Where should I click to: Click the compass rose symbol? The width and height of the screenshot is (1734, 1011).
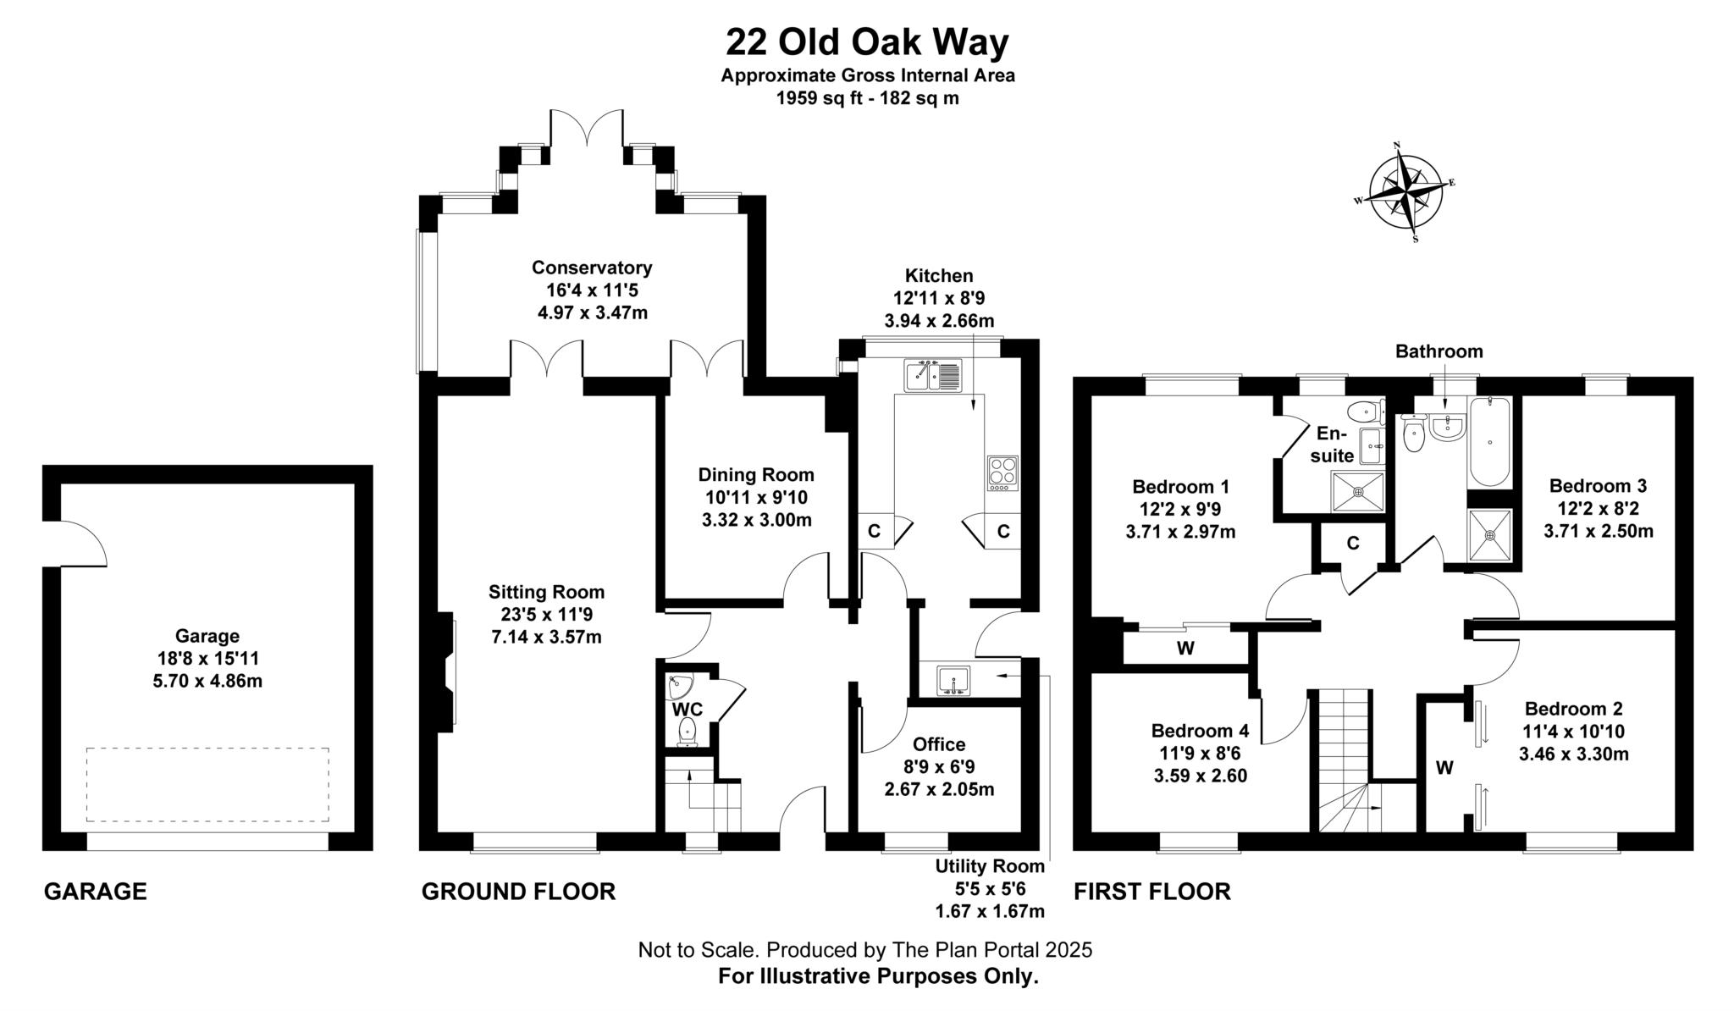pyautogui.click(x=1406, y=193)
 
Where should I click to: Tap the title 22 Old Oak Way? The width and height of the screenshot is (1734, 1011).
pyautogui.click(x=867, y=41)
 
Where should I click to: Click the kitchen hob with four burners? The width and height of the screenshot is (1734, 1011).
pyautogui.click(x=1002, y=473)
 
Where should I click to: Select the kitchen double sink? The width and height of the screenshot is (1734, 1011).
pyautogui.click(x=933, y=375)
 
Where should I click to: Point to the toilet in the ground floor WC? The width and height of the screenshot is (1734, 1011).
pyautogui.click(x=687, y=731)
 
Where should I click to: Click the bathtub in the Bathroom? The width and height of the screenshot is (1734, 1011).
pyautogui.click(x=1490, y=442)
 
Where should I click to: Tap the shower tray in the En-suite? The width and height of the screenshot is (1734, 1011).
pyautogui.click(x=1358, y=492)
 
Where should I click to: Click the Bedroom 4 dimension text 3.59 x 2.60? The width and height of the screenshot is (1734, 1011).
pyautogui.click(x=1200, y=776)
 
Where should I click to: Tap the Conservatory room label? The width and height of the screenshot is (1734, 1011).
pyautogui.click(x=592, y=268)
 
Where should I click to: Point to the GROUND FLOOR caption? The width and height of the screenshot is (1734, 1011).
pyautogui.click(x=518, y=892)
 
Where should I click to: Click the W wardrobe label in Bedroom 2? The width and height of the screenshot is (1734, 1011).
pyautogui.click(x=1444, y=768)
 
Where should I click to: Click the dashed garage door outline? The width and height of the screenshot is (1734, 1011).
pyautogui.click(x=207, y=784)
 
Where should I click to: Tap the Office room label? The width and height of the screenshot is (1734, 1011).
pyautogui.click(x=939, y=744)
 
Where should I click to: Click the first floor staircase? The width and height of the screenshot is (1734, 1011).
pyautogui.click(x=1345, y=762)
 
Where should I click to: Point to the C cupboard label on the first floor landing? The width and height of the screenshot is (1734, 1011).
pyautogui.click(x=1353, y=544)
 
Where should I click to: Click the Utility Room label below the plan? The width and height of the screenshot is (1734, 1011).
pyautogui.click(x=990, y=867)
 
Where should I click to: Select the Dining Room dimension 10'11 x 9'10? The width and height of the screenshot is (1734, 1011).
pyautogui.click(x=756, y=498)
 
